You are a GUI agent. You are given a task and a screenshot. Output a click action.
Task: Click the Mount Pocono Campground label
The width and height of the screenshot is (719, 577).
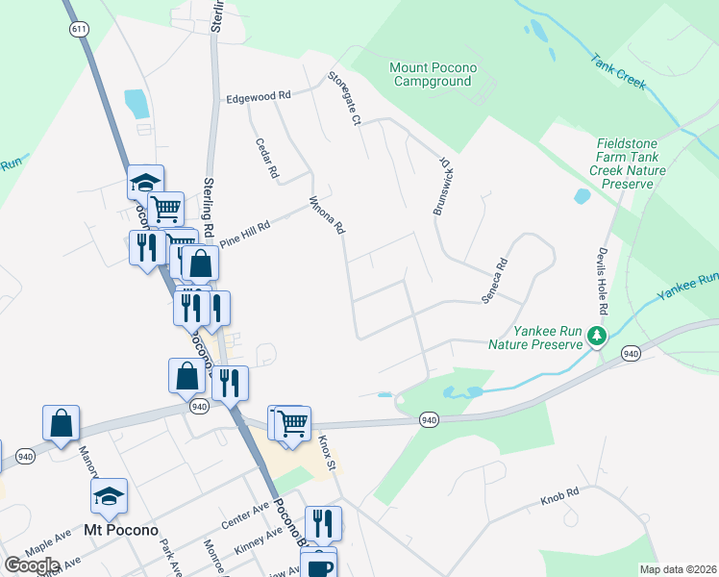(x=431, y=74)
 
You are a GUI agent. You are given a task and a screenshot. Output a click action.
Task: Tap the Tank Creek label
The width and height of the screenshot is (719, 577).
(x=617, y=70)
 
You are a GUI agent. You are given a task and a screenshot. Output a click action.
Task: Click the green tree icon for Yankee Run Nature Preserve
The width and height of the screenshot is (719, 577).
(x=598, y=336)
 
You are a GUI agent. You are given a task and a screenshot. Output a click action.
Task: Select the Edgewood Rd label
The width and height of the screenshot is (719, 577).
(x=258, y=96)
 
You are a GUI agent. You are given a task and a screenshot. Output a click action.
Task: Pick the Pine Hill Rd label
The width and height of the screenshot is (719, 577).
(x=245, y=234)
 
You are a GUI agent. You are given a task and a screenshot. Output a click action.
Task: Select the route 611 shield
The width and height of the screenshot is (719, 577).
(x=77, y=30)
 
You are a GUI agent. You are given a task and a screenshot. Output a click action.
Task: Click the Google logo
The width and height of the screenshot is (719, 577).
(x=32, y=565)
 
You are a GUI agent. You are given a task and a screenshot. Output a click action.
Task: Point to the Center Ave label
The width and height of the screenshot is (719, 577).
(x=244, y=518)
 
